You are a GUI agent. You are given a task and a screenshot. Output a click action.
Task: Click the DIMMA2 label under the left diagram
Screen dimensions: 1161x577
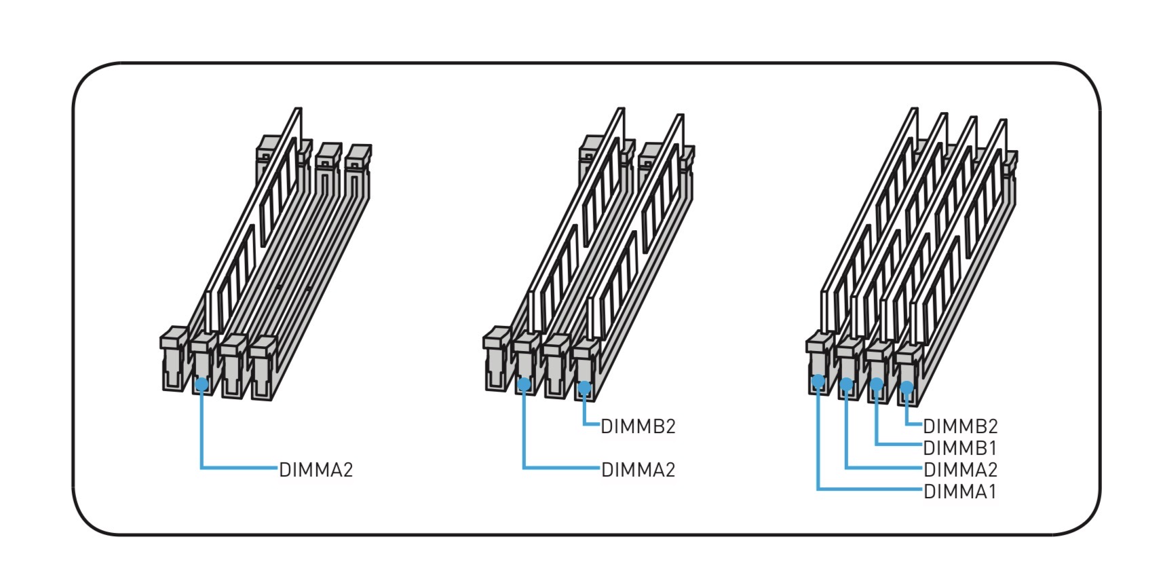point(316,470)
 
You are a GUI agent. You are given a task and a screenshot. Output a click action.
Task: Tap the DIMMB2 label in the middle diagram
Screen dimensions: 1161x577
point(639,426)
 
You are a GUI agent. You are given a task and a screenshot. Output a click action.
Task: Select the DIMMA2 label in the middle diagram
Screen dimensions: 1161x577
point(639,470)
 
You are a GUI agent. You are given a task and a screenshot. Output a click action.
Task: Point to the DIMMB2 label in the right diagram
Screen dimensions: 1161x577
point(961,426)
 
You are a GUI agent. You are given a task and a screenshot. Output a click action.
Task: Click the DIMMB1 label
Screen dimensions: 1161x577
point(960,448)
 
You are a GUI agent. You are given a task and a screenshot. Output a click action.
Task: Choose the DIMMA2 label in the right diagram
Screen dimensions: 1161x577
point(961,470)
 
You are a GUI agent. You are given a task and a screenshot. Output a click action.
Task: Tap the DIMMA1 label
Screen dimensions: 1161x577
point(960,491)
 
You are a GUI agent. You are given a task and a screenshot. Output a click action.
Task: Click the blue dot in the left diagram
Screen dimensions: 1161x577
point(202,384)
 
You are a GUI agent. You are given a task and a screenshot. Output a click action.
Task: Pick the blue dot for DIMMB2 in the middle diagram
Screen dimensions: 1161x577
point(584,387)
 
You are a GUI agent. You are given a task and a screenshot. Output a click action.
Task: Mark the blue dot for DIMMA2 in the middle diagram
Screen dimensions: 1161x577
point(524,384)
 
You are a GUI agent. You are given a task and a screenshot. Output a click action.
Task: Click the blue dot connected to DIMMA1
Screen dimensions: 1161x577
point(818,381)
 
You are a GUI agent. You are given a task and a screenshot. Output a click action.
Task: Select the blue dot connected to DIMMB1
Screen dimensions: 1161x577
point(877,384)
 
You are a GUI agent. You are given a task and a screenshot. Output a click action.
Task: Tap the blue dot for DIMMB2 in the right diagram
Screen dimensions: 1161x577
point(907,387)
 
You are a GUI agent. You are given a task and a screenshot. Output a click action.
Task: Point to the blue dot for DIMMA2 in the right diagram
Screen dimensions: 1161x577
point(846,384)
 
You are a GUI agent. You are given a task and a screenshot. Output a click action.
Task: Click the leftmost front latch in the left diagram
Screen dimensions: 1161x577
point(174,358)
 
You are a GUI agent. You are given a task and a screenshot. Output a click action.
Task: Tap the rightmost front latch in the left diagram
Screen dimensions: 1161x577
point(263,367)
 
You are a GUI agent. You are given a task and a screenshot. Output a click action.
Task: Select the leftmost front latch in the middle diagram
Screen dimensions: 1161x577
point(497,358)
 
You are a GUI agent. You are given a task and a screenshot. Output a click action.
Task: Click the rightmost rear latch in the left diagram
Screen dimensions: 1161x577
point(358,171)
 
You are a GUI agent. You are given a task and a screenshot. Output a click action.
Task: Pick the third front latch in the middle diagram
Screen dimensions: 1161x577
point(556,366)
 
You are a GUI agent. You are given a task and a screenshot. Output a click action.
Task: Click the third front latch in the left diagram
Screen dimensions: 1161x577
point(233,366)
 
